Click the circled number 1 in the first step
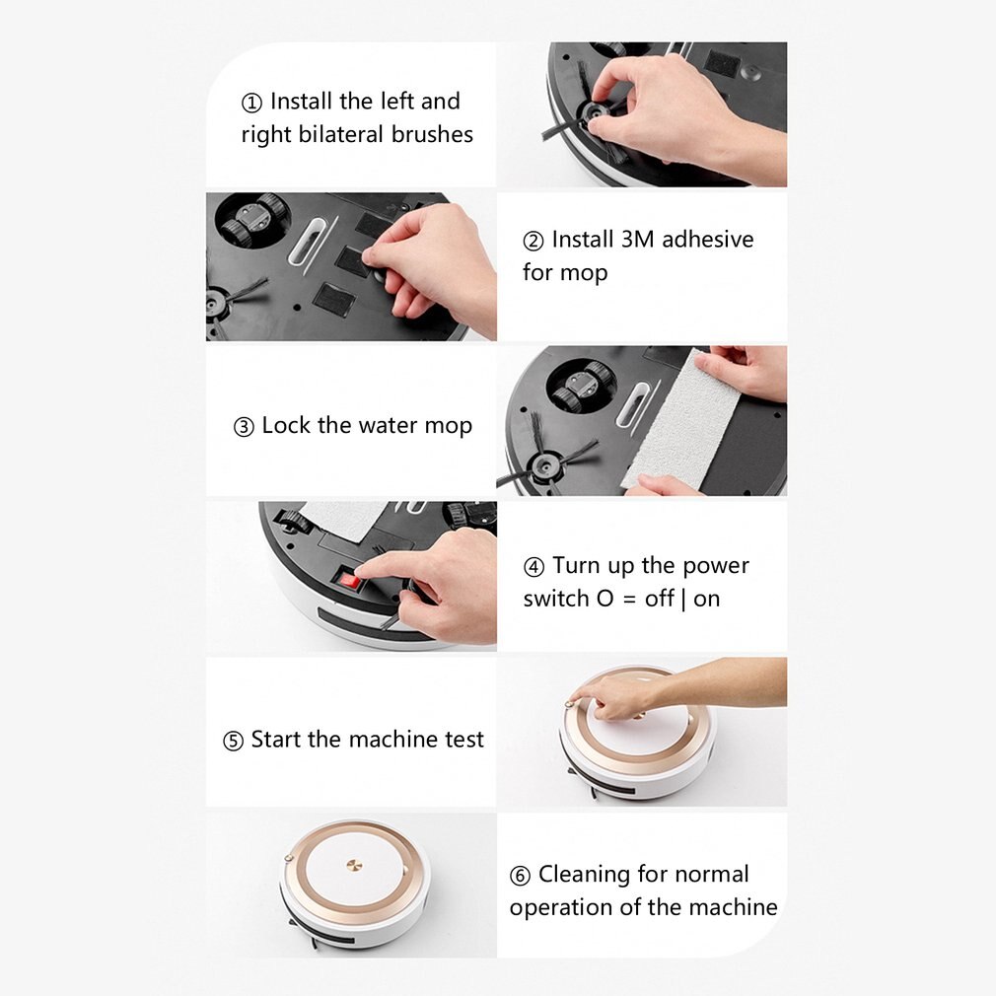(252, 103)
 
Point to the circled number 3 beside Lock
(244, 427)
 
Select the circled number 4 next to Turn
(534, 567)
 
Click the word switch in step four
(556, 599)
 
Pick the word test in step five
(462, 740)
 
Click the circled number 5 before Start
(233, 741)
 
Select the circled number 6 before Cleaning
(520, 876)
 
